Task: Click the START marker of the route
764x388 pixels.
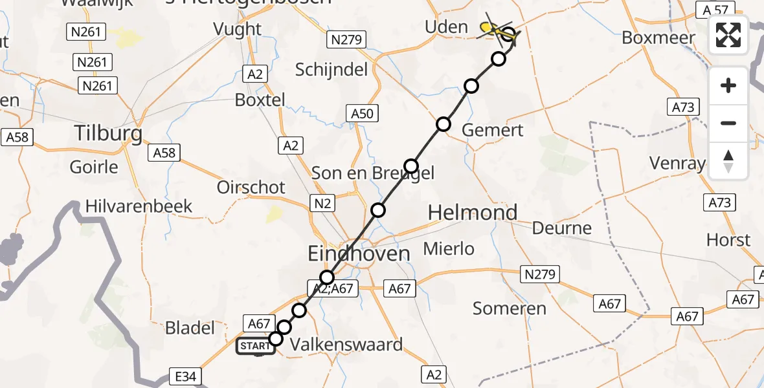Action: [256, 346]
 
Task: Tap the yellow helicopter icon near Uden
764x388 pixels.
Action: [492, 28]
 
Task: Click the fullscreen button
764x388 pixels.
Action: [728, 35]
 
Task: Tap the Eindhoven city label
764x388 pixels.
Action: [359, 253]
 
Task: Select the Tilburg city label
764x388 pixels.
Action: [109, 133]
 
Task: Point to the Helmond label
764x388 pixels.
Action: [473, 212]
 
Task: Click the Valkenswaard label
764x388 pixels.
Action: [346, 344]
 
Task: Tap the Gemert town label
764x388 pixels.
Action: [493, 130]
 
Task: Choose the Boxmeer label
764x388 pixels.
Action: [658, 38]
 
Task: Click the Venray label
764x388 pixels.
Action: [679, 163]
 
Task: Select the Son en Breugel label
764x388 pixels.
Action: [372, 173]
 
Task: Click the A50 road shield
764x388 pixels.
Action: [362, 114]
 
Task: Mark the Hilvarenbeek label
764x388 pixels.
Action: [139, 206]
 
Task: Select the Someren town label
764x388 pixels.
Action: [510, 308]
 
